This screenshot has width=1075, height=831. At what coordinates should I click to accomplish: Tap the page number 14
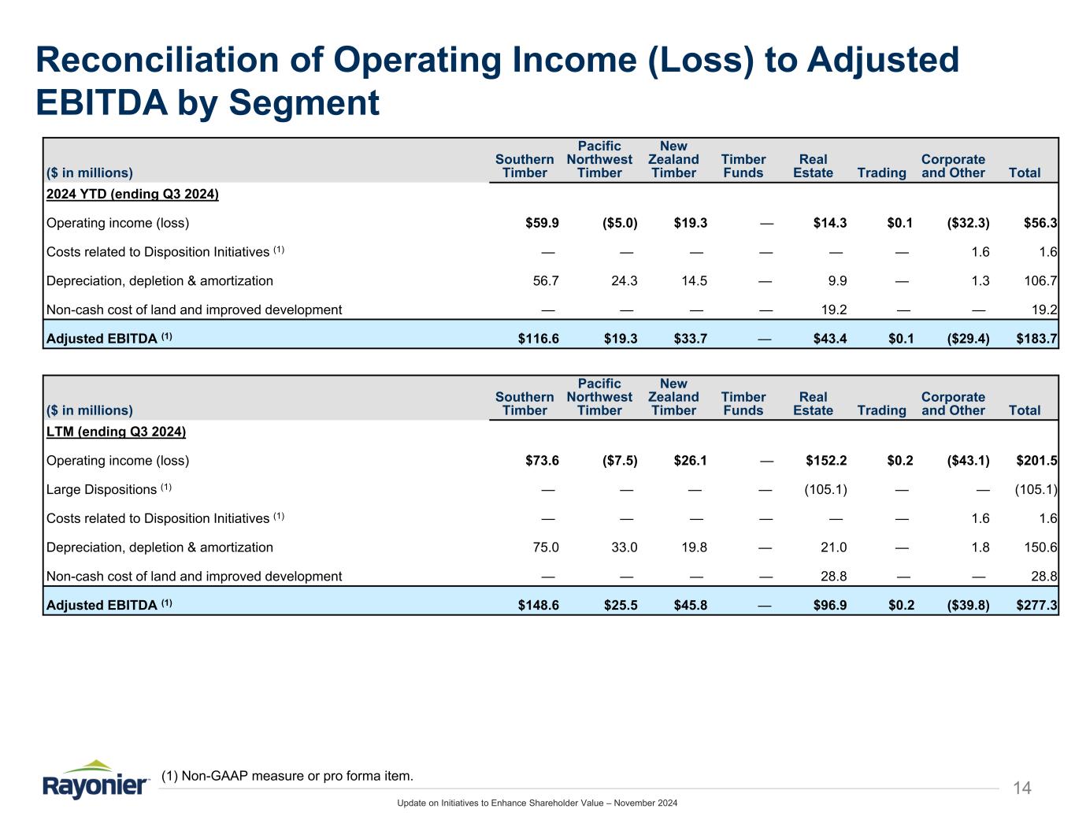[x=1021, y=788]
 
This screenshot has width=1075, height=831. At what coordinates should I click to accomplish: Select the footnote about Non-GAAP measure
[x=287, y=777]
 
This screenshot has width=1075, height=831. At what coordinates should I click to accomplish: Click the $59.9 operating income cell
[x=542, y=223]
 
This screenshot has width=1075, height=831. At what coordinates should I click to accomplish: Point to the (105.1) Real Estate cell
[x=825, y=489]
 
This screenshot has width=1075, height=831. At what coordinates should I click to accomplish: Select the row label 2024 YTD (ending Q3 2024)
[x=132, y=194]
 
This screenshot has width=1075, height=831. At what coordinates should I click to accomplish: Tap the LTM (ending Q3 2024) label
[x=116, y=432]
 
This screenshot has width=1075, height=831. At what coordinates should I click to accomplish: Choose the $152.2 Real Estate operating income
[x=826, y=460]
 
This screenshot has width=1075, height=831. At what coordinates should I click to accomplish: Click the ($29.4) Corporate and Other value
[x=968, y=339]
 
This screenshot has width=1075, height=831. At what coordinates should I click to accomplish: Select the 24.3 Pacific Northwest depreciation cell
[x=622, y=280]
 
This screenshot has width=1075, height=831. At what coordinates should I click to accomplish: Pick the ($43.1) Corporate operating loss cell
[x=968, y=460]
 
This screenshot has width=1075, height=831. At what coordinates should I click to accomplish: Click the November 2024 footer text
[x=645, y=803]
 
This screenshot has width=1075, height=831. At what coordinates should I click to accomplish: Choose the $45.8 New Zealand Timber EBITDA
[x=691, y=605]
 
